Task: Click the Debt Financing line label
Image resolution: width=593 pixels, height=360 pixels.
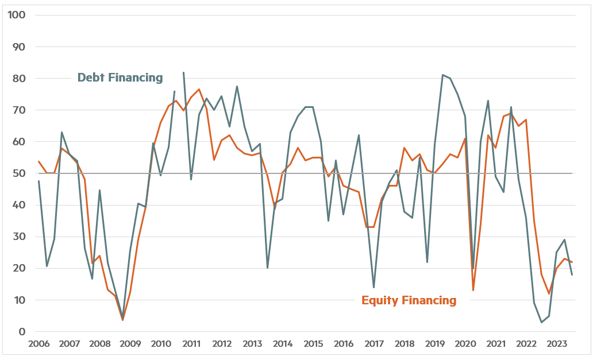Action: coord(120,78)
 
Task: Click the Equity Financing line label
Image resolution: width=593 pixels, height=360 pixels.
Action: coord(409,300)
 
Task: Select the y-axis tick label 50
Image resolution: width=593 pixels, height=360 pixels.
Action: coord(18,173)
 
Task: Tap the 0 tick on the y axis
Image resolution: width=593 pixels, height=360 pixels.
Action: coord(22,332)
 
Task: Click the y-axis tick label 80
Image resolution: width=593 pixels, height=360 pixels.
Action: coord(18,78)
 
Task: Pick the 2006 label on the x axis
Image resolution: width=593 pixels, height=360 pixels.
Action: coord(39,344)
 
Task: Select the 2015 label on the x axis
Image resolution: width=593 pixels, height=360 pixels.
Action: coord(313,344)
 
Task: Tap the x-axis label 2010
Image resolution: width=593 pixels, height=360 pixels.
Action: coord(161,344)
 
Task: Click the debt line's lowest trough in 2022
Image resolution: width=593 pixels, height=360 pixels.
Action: coord(541,322)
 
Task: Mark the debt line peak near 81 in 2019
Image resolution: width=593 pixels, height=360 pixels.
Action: coord(442,75)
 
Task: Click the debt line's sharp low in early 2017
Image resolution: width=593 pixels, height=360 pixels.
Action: coord(374,287)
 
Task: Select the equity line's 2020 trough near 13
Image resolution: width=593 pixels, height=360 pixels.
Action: coord(473,290)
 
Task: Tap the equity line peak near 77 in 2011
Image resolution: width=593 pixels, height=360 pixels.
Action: coord(199,89)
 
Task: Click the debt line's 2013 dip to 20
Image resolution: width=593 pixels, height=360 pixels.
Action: coord(268,268)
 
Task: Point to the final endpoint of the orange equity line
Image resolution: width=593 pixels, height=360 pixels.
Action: coord(572,262)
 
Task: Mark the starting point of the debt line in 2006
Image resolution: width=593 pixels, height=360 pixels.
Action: coord(39,181)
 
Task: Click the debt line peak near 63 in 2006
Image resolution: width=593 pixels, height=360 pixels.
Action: coord(61,132)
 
